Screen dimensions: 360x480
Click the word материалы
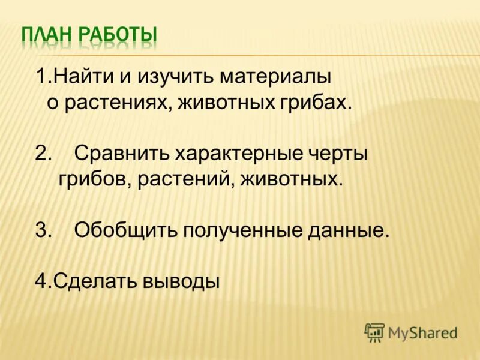pos(275,77)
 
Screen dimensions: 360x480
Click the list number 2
pos(43,154)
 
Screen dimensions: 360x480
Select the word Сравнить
pos(122,154)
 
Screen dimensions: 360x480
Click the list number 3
pos(43,230)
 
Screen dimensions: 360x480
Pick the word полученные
pos(241,230)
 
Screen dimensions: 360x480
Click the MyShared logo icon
pos(374,331)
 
